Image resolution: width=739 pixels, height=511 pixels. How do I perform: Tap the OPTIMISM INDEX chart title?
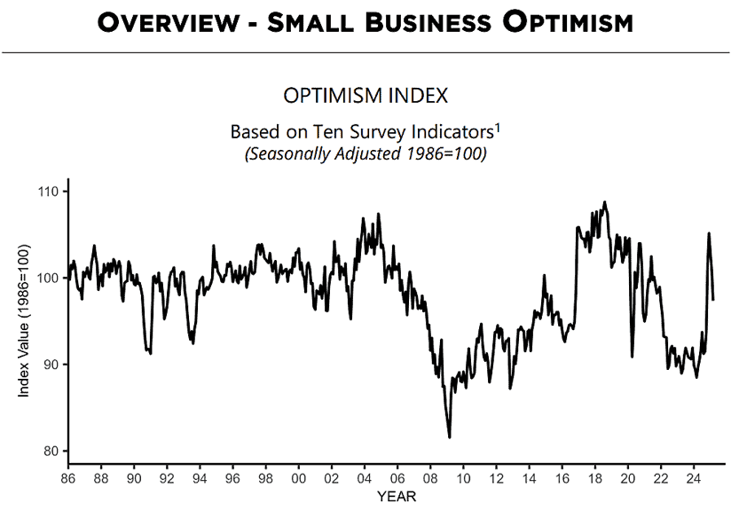[x=365, y=95]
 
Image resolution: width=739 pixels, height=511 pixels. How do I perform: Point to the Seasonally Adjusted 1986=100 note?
[x=365, y=153]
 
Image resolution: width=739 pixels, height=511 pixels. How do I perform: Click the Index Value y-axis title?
[x=25, y=321]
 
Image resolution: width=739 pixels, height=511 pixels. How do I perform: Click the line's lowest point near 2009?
[x=450, y=437]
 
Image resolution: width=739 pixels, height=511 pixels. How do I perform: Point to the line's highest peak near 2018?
[x=605, y=201]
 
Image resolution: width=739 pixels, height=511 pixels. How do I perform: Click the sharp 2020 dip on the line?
[x=633, y=357]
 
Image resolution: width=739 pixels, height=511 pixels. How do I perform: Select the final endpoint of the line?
[x=714, y=299]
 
